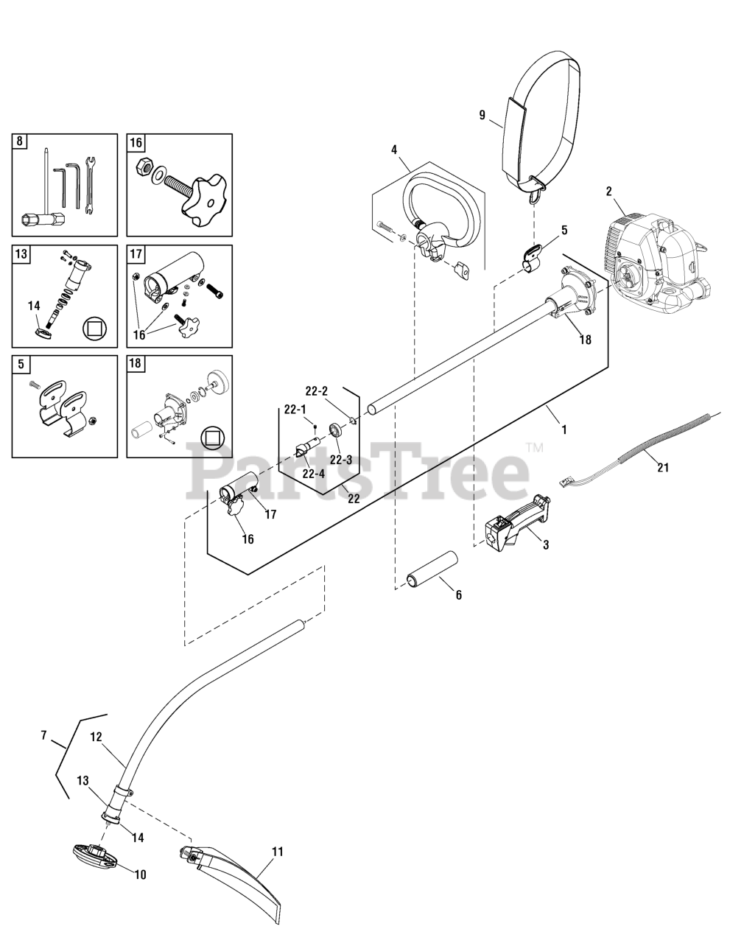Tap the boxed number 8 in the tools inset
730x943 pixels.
point(20,141)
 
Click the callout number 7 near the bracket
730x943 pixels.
point(43,735)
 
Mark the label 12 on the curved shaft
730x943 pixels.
point(96,736)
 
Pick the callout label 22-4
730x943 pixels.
point(313,474)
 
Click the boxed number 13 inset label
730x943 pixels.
point(20,253)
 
